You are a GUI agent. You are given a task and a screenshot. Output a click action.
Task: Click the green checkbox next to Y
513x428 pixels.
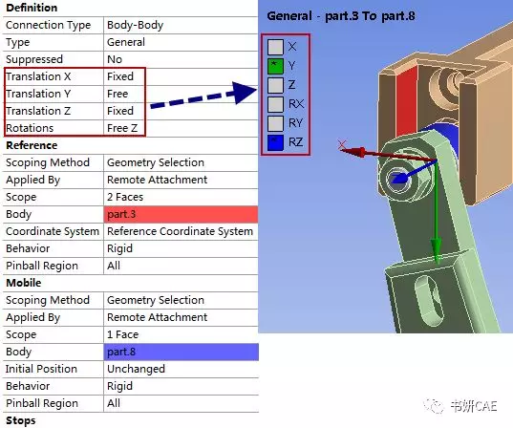(x=275, y=66)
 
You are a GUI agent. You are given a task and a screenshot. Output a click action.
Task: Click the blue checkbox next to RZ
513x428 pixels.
(x=275, y=142)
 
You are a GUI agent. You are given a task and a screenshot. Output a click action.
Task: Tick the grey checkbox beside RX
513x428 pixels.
(x=275, y=104)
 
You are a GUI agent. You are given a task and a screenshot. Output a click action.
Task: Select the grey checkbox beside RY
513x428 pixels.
(x=275, y=123)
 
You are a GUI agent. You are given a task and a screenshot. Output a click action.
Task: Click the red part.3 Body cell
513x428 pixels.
(x=180, y=214)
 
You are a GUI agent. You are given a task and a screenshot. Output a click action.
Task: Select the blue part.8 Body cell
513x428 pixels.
(x=180, y=352)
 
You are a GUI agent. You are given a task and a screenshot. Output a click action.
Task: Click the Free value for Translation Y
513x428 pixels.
(x=118, y=94)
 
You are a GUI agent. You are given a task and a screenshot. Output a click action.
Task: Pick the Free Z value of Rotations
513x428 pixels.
(x=125, y=128)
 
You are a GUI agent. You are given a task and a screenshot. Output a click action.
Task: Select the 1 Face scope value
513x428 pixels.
(x=125, y=334)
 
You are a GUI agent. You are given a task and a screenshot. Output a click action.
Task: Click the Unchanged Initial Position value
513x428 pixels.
(x=136, y=369)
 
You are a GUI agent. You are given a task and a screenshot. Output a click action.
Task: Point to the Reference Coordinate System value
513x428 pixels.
(x=180, y=231)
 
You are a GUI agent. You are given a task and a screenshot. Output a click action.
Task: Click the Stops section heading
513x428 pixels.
(x=22, y=420)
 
